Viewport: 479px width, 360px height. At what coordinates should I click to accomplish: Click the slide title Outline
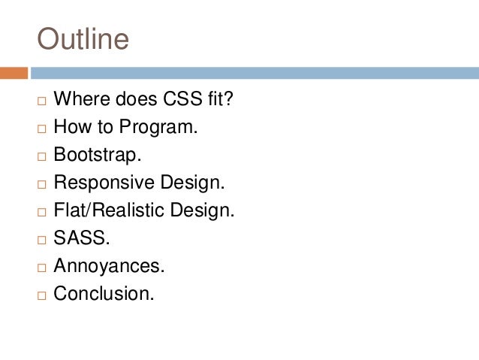pos(83,39)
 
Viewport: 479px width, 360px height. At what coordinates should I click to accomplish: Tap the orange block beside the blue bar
pos(14,73)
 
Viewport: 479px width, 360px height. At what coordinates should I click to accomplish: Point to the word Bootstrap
pos(95,155)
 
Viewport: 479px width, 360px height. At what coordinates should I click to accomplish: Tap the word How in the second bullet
pos(71,127)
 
